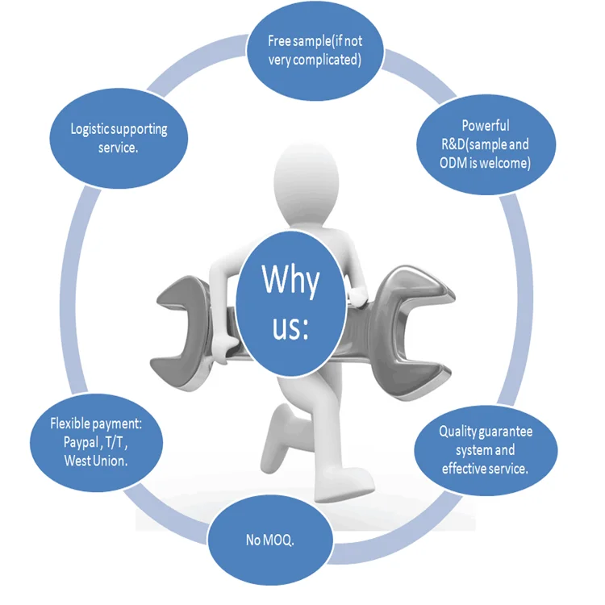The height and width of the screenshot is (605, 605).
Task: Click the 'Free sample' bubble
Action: pyautogui.click(x=315, y=50)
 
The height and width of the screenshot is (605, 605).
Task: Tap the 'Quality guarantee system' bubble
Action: pyautogui.click(x=486, y=449)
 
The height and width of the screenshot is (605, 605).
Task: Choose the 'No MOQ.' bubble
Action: pyautogui.click(x=270, y=540)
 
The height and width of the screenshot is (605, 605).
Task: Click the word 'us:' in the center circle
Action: pyautogui.click(x=290, y=328)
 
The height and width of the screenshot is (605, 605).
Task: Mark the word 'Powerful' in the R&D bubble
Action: pyautogui.click(x=485, y=126)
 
